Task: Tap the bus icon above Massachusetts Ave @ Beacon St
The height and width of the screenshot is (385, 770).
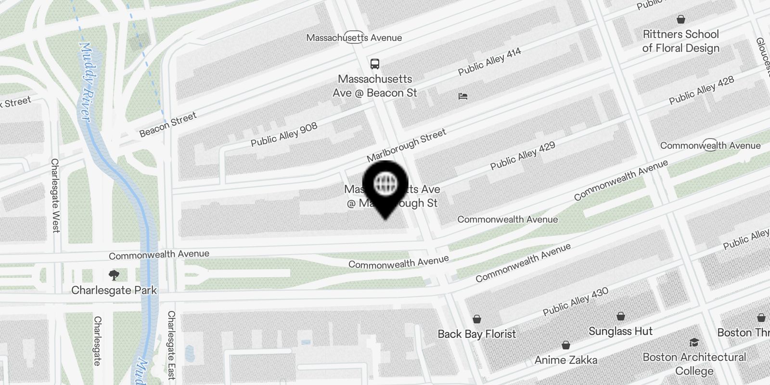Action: point(374,64)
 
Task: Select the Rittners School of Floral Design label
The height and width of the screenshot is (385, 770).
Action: point(680,41)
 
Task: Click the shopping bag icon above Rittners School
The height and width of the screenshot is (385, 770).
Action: point(681,19)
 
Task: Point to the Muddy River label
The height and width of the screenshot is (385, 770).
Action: point(86,82)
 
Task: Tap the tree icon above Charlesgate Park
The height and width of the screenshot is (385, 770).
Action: point(114,275)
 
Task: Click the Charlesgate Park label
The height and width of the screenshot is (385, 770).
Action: point(114,290)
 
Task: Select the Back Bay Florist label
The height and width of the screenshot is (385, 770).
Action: point(476,334)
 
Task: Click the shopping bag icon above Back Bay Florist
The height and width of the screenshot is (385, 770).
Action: point(477,319)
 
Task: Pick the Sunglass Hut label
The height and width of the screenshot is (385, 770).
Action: point(620,331)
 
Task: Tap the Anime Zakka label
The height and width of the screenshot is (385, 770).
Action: point(566,360)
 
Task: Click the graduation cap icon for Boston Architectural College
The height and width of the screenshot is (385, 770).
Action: point(694,342)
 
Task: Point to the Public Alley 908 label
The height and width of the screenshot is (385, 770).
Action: point(284,134)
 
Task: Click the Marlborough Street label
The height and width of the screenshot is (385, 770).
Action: point(407,145)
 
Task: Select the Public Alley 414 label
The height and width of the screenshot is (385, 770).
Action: point(489,62)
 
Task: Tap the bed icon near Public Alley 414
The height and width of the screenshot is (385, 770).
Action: point(462,96)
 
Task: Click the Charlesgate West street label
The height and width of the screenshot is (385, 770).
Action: point(55,195)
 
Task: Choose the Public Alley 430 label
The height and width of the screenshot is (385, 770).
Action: point(576,301)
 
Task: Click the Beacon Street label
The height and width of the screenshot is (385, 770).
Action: point(168,124)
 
